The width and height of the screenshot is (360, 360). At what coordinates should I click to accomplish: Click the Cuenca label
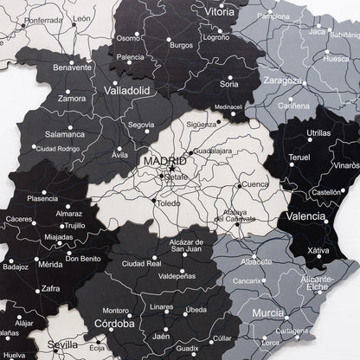(256, 183)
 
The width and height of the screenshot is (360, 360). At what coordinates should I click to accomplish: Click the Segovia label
(140, 125)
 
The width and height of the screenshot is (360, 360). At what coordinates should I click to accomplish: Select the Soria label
(229, 84)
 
